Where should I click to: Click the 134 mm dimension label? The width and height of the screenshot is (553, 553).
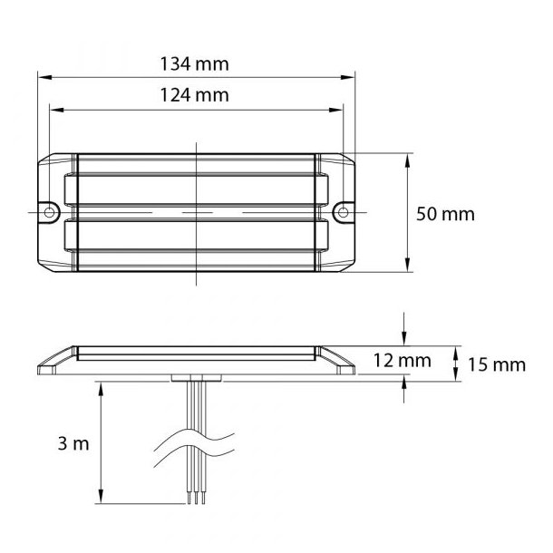click(194, 64)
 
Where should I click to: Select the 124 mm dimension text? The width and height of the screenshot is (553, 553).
click(194, 95)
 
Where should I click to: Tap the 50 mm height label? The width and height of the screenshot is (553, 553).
click(445, 215)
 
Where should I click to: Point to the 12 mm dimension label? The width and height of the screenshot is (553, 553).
click(402, 361)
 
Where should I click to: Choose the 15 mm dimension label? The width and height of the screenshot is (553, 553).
click(497, 364)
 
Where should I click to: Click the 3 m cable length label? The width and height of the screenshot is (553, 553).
click(73, 443)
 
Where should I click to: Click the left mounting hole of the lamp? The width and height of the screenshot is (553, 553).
click(49, 212)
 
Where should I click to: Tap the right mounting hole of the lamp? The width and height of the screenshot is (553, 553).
click(343, 212)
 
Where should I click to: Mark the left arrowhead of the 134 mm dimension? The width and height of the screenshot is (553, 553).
click(44, 77)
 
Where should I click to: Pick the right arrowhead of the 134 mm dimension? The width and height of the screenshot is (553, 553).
click(348, 77)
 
